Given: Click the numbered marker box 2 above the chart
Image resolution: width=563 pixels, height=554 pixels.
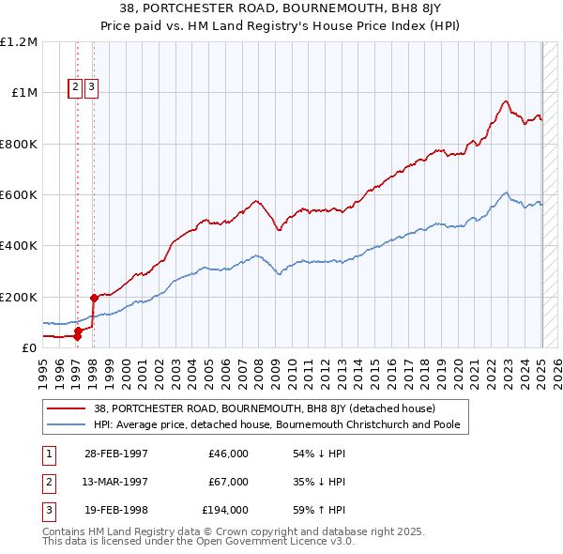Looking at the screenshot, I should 75,88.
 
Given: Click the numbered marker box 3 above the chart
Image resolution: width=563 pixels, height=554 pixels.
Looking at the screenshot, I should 92,88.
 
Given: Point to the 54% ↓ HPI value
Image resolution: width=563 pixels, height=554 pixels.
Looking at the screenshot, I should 320,454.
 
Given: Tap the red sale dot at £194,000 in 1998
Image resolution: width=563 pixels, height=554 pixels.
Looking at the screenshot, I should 94,299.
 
